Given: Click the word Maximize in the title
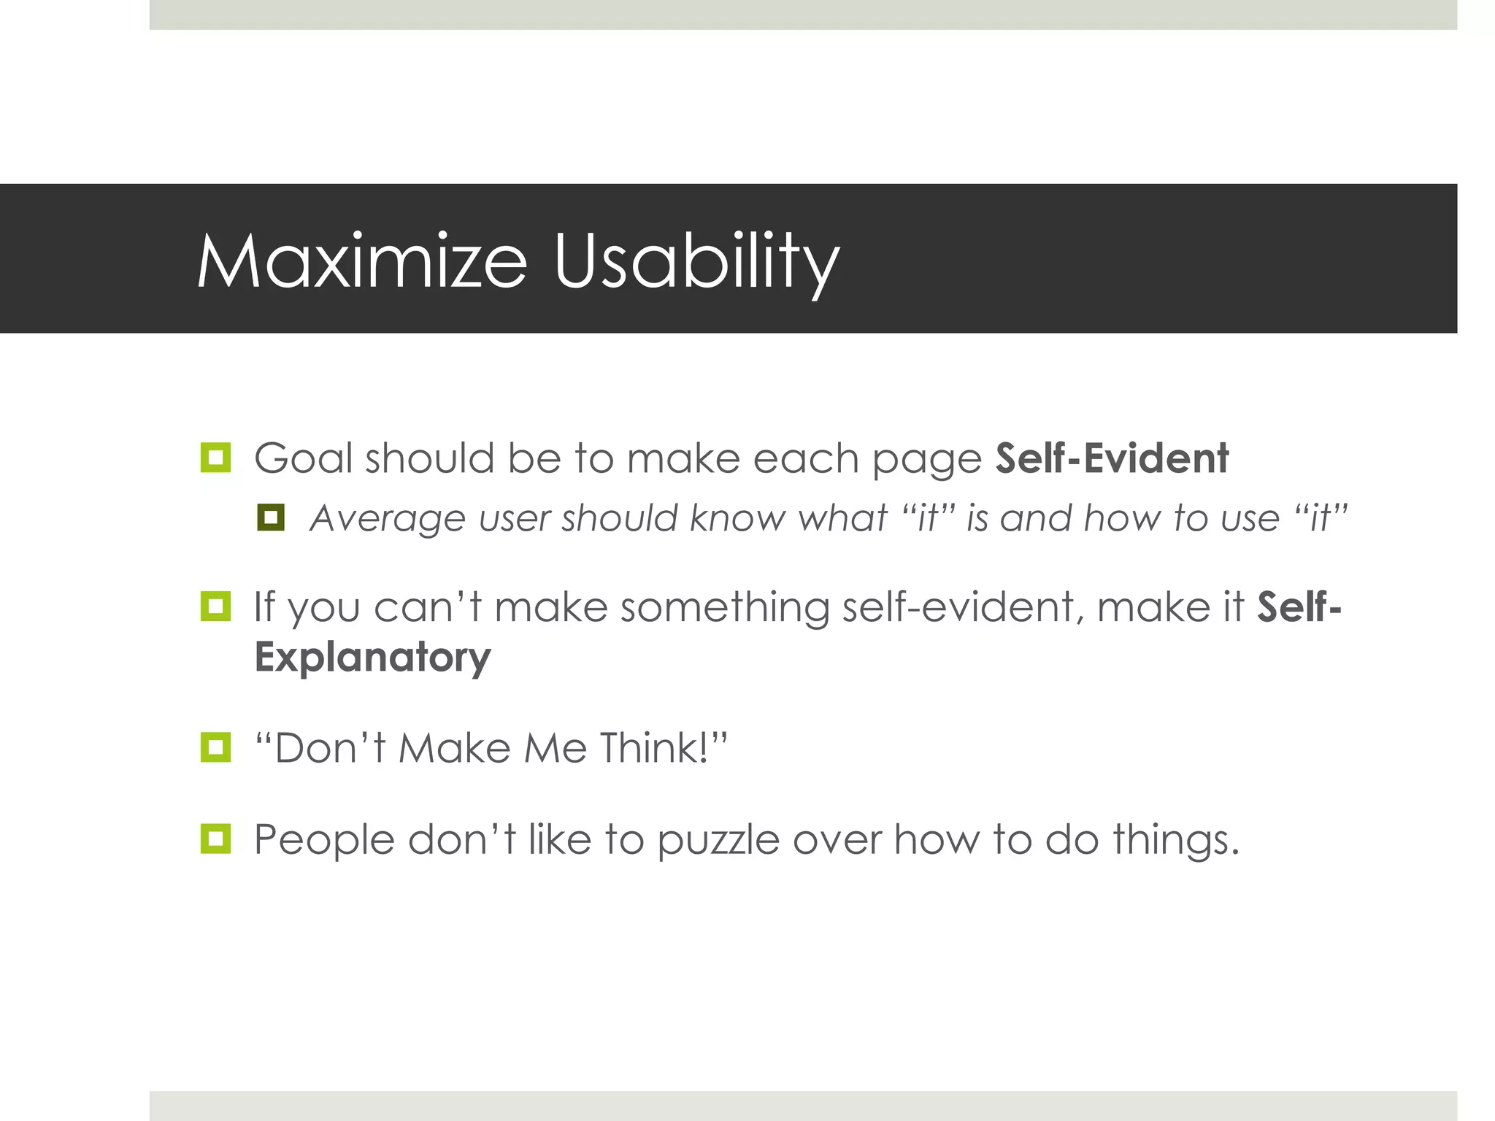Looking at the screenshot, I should pyautogui.click(x=361, y=261).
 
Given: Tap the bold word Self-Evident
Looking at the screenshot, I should pyautogui.click(x=1112, y=458).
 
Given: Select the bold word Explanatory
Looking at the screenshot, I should pyautogui.click(x=372, y=657).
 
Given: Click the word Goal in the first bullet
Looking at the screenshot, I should pyautogui.click(x=303, y=458).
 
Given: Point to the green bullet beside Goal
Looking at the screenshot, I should pyautogui.click(x=215, y=458).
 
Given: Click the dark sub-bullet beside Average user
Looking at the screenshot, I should pyautogui.click(x=270, y=517).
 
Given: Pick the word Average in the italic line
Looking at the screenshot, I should pyautogui.click(x=388, y=518).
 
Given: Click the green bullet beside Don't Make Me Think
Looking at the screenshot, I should pyautogui.click(x=215, y=747).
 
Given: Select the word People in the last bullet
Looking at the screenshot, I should pyautogui.click(x=324, y=839).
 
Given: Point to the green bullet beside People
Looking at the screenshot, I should pyautogui.click(x=215, y=839).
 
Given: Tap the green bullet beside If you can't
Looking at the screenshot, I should pyautogui.click(x=215, y=606).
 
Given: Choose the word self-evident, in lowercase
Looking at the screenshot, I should pyautogui.click(x=963, y=607).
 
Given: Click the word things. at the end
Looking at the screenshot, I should pyautogui.click(x=1175, y=839).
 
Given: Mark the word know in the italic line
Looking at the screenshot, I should pyautogui.click(x=738, y=518).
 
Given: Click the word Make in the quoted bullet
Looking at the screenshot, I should pyautogui.click(x=455, y=747).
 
